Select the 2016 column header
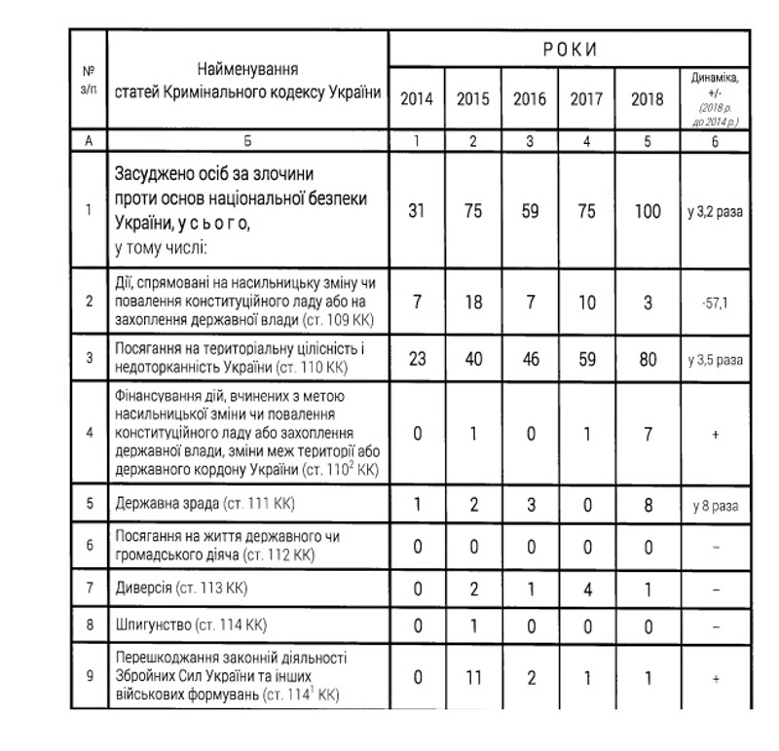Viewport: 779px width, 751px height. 529,98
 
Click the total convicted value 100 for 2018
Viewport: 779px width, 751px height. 647,210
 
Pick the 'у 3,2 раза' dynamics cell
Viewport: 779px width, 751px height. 715,211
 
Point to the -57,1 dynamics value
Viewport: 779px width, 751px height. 715,303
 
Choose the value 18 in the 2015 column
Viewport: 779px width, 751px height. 472,302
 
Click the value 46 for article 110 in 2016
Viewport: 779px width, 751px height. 529,357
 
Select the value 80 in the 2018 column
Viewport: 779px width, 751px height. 647,357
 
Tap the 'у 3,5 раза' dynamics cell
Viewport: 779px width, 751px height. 715,358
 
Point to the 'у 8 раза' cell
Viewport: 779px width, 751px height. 715,505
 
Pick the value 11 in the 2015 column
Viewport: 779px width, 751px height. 472,677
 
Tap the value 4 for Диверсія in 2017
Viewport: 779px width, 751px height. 586,588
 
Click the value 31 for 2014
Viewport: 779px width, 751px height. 416,210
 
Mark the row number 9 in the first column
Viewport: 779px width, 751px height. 89,677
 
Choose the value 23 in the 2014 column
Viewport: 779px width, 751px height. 416,357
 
